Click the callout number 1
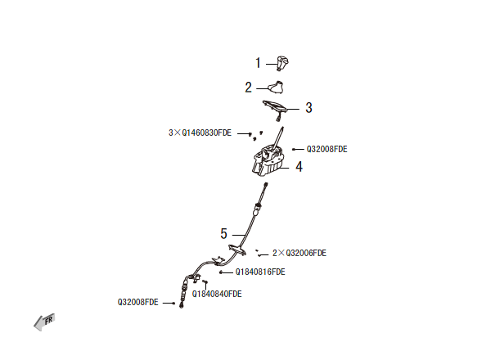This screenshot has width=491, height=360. click(258, 62)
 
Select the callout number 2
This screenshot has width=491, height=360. click(249, 87)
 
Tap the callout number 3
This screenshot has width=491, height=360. click(309, 107)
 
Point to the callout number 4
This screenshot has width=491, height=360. click(299, 166)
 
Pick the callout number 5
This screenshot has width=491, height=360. click(223, 233)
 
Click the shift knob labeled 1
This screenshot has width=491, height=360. click(283, 61)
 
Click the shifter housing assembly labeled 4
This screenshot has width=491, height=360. click(269, 160)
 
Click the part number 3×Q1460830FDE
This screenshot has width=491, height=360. click(200, 132)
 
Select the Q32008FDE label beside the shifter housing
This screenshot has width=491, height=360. click(327, 150)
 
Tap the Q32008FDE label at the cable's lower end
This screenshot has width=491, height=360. click(138, 302)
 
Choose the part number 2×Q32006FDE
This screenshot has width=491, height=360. click(300, 254)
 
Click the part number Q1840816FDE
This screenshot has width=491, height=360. click(260, 272)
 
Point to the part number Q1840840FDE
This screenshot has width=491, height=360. click(217, 293)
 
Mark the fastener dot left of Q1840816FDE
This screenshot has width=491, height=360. click(222, 272)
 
